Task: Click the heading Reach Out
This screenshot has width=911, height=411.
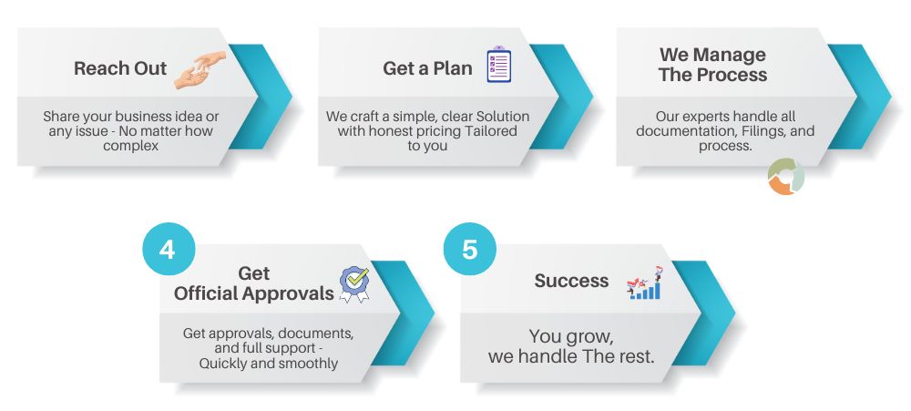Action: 120,68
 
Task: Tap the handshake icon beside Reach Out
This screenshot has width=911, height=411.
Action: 200,70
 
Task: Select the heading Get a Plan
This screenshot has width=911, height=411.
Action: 427,68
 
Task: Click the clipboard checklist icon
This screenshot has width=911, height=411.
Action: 498,64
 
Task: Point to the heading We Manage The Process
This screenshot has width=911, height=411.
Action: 713,65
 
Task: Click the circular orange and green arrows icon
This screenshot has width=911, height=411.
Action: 785,176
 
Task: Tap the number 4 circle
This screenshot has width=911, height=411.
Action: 169,250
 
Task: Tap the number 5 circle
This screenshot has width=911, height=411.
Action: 469,250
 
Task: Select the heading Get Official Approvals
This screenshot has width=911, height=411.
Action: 254,283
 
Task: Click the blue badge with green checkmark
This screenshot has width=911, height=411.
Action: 354,284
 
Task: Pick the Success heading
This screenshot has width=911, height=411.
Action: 572,281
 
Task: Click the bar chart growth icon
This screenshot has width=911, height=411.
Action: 645,283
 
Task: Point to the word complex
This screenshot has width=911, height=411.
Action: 130,145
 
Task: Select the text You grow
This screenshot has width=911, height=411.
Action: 571,336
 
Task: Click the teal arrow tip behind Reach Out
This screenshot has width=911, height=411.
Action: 292,97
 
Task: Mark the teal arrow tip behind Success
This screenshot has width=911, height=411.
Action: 735,313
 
